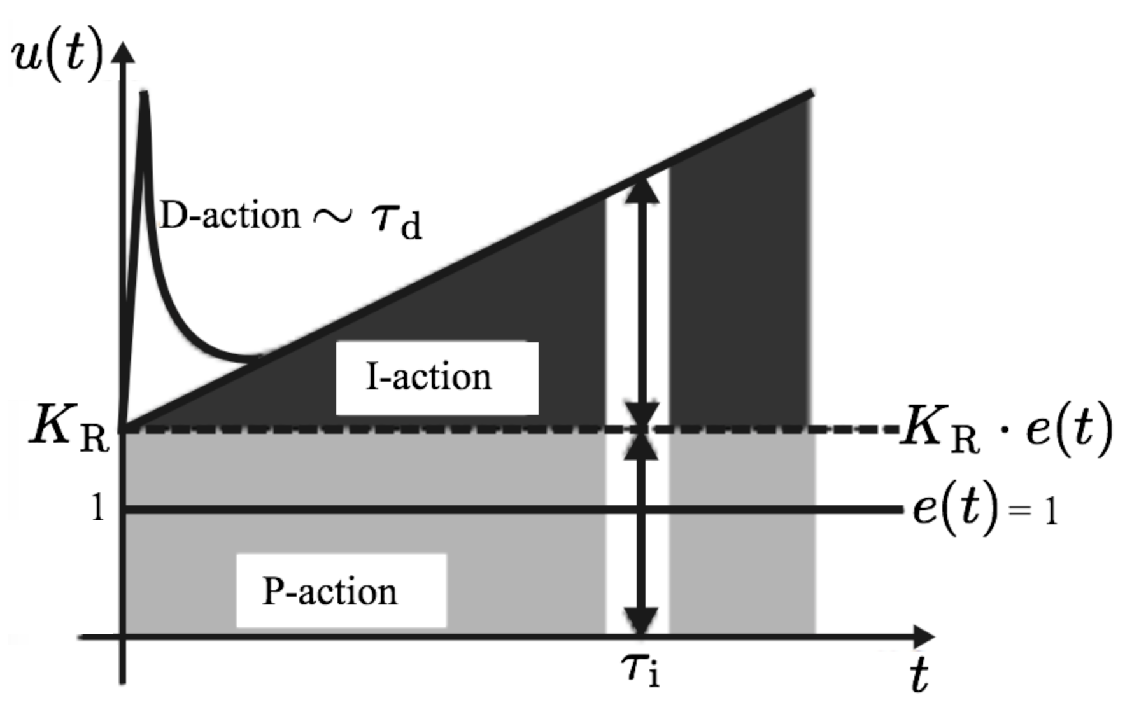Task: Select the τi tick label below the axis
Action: click(x=640, y=670)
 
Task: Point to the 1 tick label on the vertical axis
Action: click(x=97, y=508)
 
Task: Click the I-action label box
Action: click(x=437, y=378)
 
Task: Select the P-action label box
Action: click(x=341, y=591)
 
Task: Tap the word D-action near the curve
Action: click(x=229, y=215)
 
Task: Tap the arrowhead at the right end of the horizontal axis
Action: click(x=924, y=636)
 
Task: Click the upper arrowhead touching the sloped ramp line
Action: click(x=642, y=188)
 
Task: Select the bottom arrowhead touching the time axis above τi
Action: click(x=641, y=620)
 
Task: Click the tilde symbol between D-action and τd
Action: click(x=332, y=216)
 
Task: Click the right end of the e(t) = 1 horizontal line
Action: click(x=900, y=510)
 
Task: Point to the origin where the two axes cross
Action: click(x=122, y=636)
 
